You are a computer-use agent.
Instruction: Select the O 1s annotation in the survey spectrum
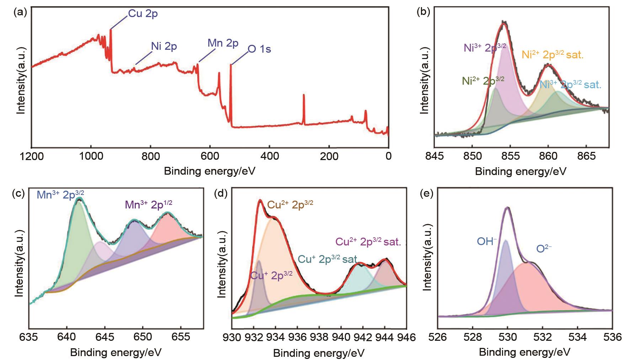259,49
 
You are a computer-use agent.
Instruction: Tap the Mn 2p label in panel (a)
223,43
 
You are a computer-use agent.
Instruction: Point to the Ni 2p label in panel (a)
164,46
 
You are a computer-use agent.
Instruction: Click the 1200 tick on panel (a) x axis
31,156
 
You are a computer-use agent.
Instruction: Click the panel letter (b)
423,12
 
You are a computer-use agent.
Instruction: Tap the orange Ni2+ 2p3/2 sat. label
552,55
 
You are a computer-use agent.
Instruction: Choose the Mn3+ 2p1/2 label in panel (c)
149,204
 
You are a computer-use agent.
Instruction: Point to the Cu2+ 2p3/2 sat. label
368,242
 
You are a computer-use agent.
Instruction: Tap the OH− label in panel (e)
487,242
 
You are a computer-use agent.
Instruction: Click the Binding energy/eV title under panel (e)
525,352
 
